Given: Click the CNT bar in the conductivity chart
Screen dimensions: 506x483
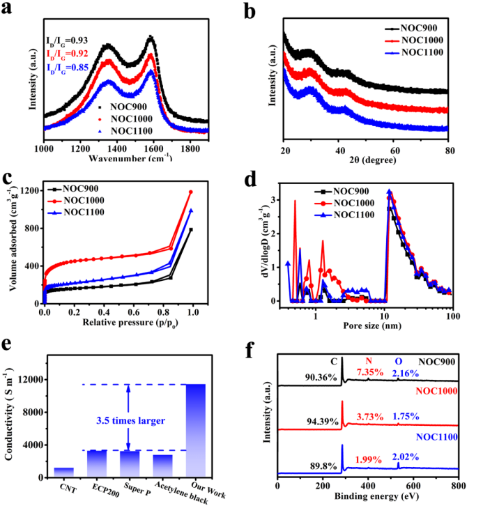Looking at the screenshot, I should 63,470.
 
